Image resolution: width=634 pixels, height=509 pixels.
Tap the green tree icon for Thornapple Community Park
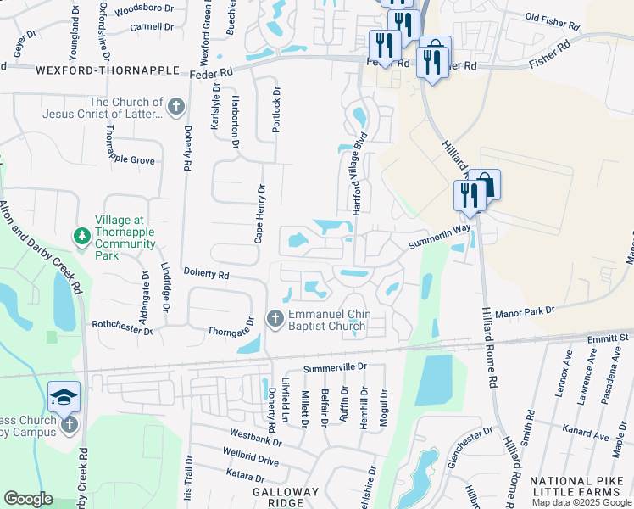pyautogui.click(x=82, y=235)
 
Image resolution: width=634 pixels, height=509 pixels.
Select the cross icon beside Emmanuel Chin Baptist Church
pyautogui.click(x=275, y=319)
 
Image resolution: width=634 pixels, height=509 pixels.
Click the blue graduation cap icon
pyautogui.click(x=64, y=397)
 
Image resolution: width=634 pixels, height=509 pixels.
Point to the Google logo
pyautogui.click(x=28, y=499)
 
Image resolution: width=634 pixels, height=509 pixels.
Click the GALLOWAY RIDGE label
pyautogui.click(x=286, y=497)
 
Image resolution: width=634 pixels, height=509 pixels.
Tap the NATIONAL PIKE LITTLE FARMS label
pyautogui.click(x=581, y=487)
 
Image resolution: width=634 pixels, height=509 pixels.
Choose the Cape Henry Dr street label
pyautogui.click(x=261, y=215)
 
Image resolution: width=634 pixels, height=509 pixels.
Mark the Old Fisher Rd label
pyautogui.click(x=554, y=17)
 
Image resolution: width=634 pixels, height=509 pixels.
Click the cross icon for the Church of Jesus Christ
pyautogui.click(x=175, y=107)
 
